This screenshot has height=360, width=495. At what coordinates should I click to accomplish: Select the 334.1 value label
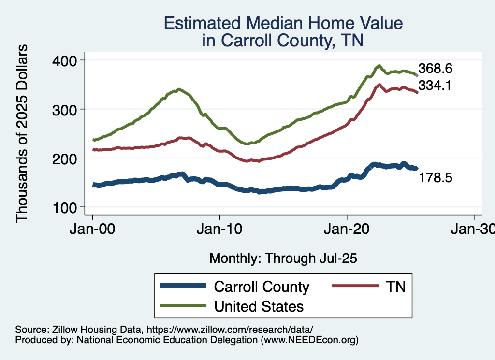(x=435, y=86)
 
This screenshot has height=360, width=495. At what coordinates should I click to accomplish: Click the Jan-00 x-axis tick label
(x=92, y=230)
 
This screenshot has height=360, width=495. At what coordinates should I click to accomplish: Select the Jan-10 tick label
(x=220, y=230)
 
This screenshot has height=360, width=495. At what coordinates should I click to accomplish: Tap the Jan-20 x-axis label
(x=347, y=230)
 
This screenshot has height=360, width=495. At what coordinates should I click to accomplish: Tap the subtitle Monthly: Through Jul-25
(x=283, y=259)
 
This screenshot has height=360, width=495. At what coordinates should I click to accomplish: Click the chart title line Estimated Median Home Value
(x=283, y=24)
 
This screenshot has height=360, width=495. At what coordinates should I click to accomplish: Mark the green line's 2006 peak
(x=179, y=89)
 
